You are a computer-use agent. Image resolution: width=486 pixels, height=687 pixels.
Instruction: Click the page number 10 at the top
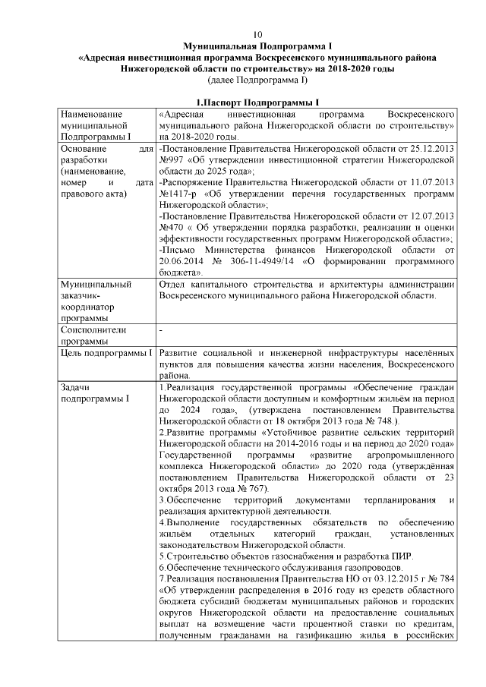pos(257,35)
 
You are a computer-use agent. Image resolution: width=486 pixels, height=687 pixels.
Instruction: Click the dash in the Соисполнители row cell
pos(162,331)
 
